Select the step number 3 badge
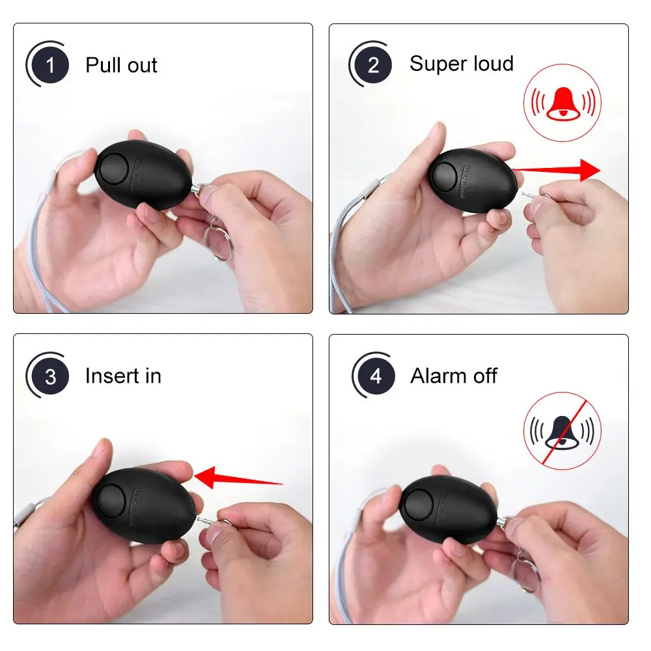pos(51,376)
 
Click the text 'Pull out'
pos(121,65)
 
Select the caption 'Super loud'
pos(462,64)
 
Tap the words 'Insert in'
pos(123,376)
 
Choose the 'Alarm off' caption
pos(454,376)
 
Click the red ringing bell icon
pos(562,103)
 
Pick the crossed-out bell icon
pos(562,430)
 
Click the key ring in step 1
pos(220,240)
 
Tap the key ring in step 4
pos(525,573)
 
